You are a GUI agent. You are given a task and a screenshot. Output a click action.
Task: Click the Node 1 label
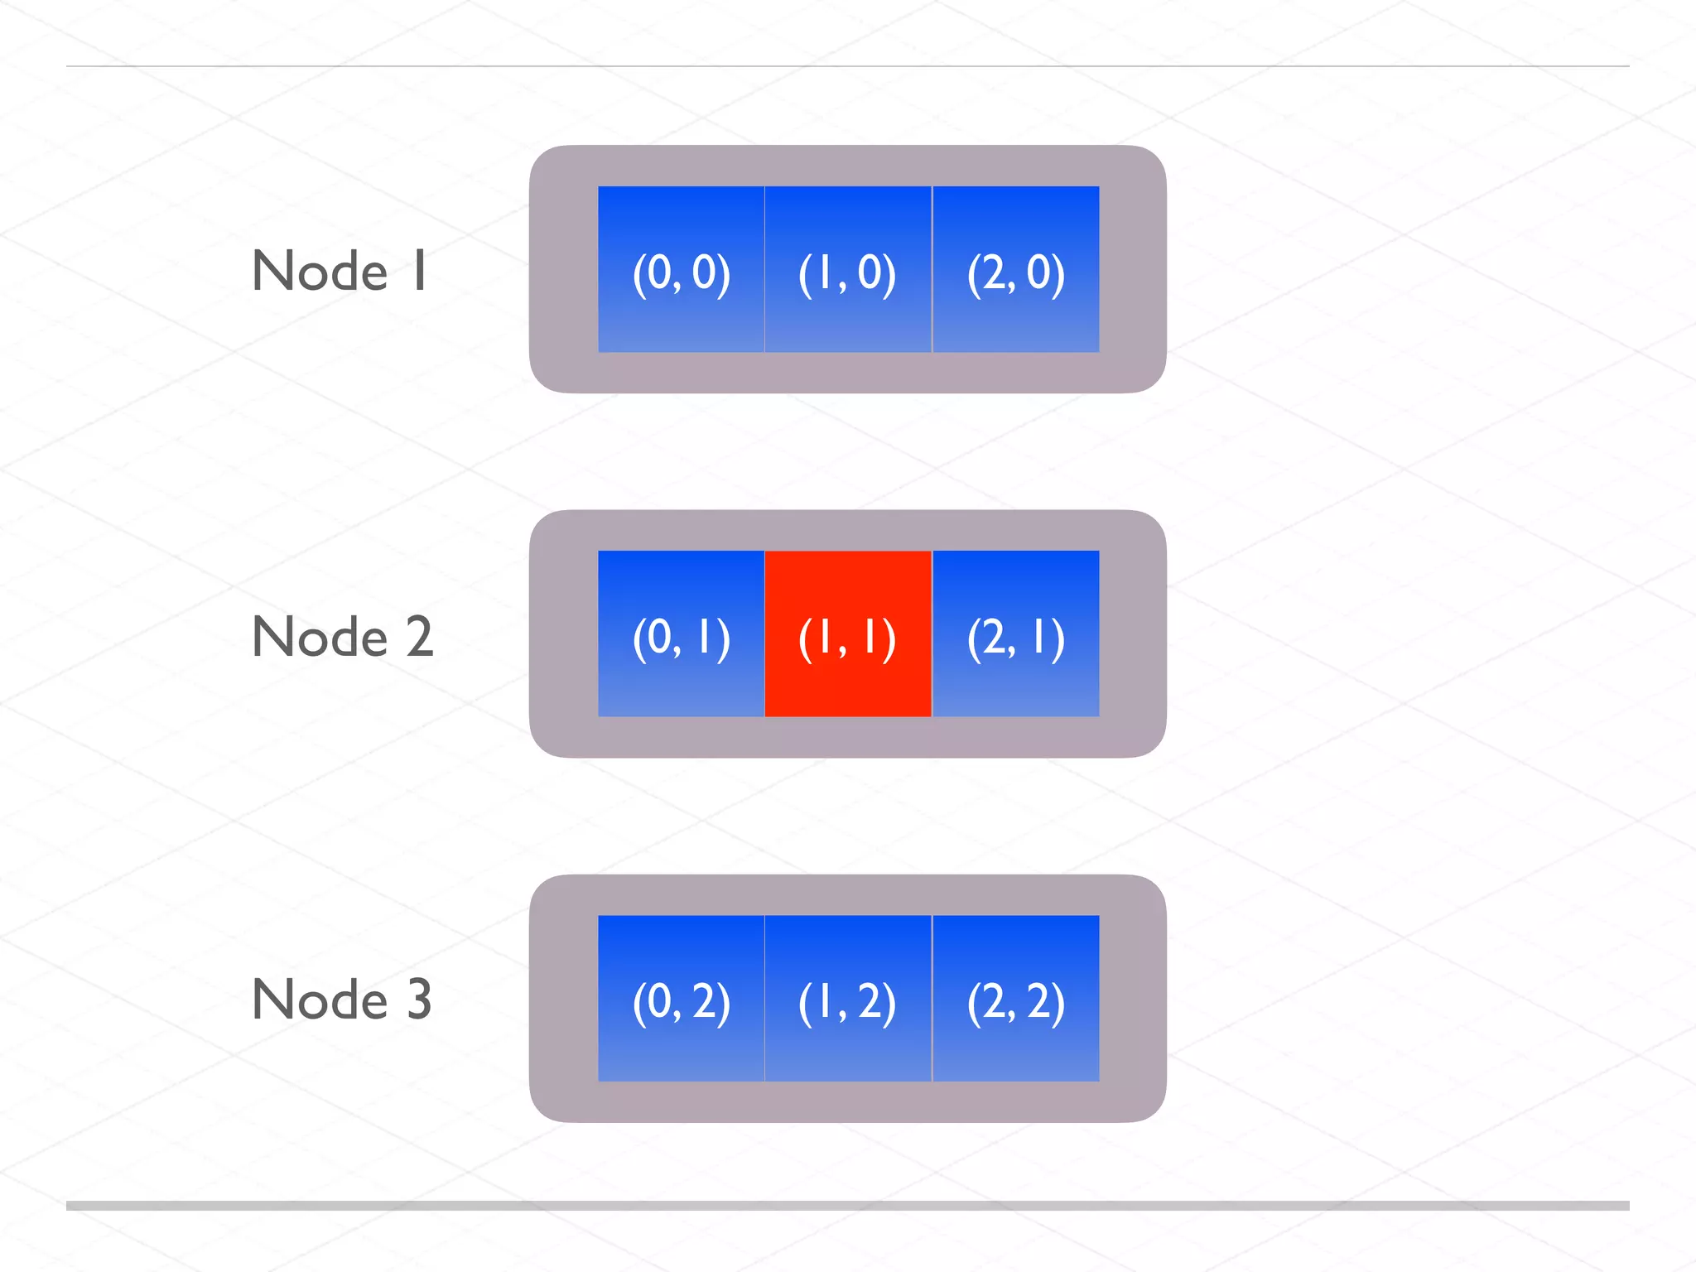pos(340,271)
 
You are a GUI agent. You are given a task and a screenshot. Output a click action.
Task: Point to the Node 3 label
pos(341,1000)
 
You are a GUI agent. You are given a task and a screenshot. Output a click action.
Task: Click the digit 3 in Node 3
pos(419,1000)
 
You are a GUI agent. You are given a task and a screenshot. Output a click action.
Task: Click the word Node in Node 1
pos(320,271)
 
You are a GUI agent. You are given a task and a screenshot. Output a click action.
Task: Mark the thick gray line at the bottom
pos(848,1206)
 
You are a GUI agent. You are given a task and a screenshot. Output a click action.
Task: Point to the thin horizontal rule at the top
pos(848,65)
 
